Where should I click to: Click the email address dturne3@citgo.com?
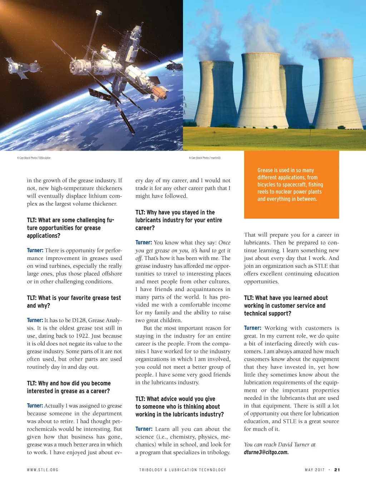click(266, 452)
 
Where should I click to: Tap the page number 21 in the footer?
click(337, 470)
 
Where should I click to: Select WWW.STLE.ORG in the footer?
click(43, 470)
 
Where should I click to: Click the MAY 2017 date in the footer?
click(315, 470)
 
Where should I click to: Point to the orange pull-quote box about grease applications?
click(291, 185)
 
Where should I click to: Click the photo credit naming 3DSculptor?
click(34, 158)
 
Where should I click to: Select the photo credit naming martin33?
click(205, 158)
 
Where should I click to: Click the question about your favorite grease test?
click(74, 302)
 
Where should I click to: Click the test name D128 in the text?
click(79, 320)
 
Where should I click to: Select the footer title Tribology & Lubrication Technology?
click(183, 470)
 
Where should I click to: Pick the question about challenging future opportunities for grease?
click(70, 228)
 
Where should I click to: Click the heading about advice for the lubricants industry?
click(179, 406)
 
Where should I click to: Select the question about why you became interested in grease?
click(69, 387)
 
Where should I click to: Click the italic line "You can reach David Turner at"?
click(280, 445)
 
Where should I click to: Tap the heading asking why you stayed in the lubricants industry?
click(179, 220)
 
